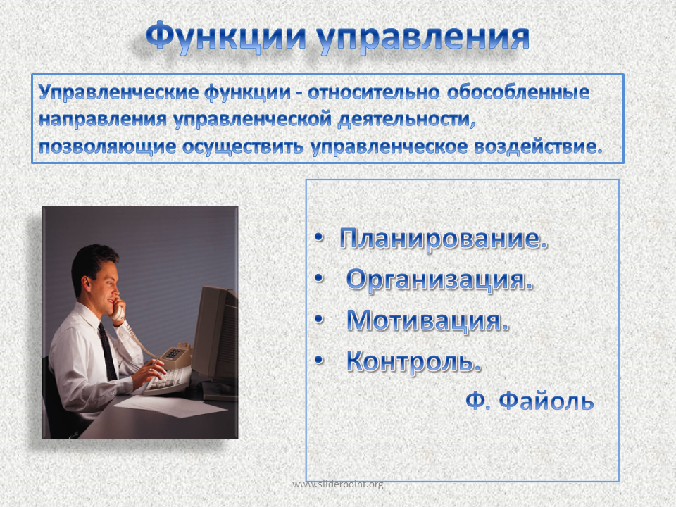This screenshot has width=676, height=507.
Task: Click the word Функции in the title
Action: pos(226,36)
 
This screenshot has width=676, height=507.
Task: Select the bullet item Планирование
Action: pos(443,239)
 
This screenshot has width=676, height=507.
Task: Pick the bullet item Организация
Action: pos(439,280)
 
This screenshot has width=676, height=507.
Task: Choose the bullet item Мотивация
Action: pos(427,320)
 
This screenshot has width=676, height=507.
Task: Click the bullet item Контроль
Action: pos(413,361)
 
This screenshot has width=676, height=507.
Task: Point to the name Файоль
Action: pos(546,401)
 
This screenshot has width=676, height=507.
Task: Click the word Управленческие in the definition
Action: pos(118,93)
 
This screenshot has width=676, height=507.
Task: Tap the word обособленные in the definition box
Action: pos(518,92)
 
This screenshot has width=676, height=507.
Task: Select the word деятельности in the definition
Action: pos(406,120)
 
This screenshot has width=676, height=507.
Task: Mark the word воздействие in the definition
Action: pos(537,147)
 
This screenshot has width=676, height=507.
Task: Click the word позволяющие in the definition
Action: pos(107,147)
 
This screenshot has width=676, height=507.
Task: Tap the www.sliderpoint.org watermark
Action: pos(337,484)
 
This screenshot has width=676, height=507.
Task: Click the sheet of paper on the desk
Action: pos(170,406)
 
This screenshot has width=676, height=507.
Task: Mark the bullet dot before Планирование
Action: pos(318,237)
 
